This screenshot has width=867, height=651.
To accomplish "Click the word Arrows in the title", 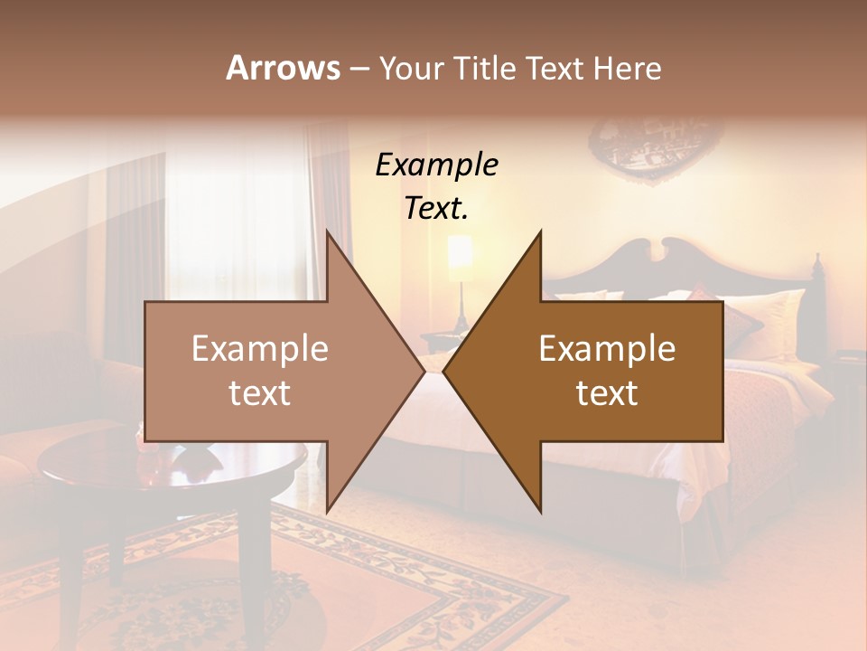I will (283, 68).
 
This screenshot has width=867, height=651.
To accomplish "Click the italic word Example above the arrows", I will (437, 165).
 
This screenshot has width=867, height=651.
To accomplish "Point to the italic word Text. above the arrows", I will (437, 208).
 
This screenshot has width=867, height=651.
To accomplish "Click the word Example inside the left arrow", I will (260, 349).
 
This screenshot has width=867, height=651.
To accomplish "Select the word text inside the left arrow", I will (260, 392).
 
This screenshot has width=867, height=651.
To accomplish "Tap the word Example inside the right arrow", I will (607, 349).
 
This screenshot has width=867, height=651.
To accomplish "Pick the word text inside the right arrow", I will (607, 392).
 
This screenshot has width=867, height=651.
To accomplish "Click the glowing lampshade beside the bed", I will (461, 253).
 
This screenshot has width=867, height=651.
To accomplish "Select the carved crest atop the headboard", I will (684, 252).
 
